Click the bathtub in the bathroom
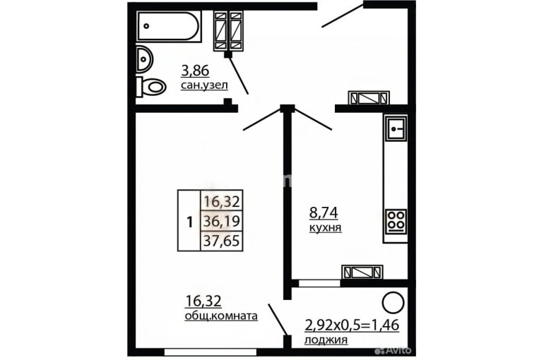pos(169,26)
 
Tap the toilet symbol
pos(151,87)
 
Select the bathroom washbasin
pos(144,59)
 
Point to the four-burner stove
pos(396,221)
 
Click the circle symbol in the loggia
pos(393,303)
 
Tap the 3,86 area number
pos(195,71)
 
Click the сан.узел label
pos(204,85)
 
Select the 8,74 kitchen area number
pos(324,212)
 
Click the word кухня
pos(326,227)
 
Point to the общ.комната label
pos(221,316)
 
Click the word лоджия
pos(326,340)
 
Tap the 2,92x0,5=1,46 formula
pos(352,325)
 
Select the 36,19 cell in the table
pos(222,221)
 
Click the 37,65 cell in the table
pos(222,241)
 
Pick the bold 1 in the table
pos(189,222)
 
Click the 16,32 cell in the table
pos(222,201)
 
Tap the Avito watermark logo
pos(393,350)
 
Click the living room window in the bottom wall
pos(211,352)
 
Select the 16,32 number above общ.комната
pos(203,301)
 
